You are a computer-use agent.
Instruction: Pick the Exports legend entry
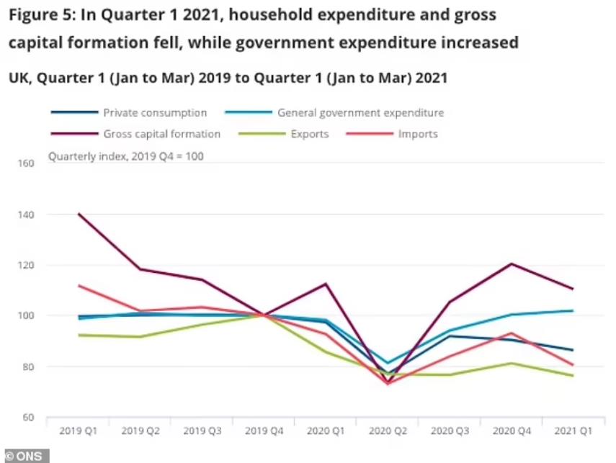pyautogui.click(x=310, y=134)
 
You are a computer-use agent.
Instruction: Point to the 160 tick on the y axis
pyautogui.click(x=26, y=163)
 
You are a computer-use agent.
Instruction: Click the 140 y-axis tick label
pyautogui.click(x=26, y=215)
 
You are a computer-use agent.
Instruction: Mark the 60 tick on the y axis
pyautogui.click(x=29, y=417)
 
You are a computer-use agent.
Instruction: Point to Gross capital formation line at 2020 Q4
pyautogui.click(x=511, y=264)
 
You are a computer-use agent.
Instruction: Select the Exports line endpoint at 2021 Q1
pyautogui.click(x=573, y=375)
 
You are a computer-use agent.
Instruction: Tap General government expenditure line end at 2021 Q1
pyautogui.click(x=573, y=310)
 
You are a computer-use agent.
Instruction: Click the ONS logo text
pyautogui.click(x=25, y=456)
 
